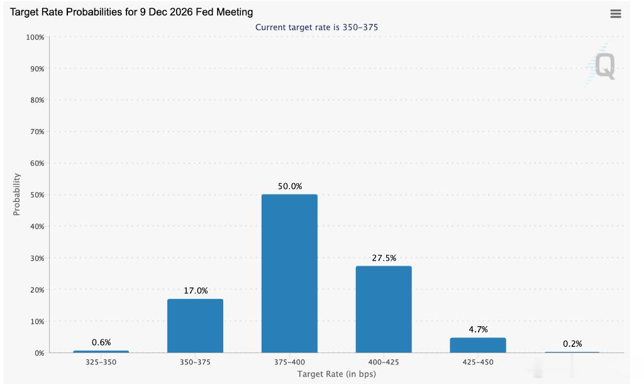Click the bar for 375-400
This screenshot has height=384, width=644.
[x=289, y=273]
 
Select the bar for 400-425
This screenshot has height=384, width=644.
[x=384, y=309]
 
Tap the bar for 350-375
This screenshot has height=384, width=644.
[x=195, y=325]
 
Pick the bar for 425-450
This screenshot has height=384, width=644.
[x=478, y=346]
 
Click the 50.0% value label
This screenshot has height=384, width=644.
[x=290, y=186]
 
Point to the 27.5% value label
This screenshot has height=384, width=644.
[x=384, y=258]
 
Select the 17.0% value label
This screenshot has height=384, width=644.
[x=196, y=291]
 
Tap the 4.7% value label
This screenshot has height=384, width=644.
[x=478, y=329]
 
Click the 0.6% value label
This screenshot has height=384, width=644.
[x=101, y=342]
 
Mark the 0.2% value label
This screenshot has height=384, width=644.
[x=572, y=344]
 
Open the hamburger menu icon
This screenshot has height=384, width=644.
[x=615, y=14]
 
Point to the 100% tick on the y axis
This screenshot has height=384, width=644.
[x=35, y=37]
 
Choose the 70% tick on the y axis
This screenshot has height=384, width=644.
[x=37, y=132]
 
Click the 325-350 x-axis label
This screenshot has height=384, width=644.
[x=101, y=362]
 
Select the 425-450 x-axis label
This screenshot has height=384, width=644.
[x=478, y=362]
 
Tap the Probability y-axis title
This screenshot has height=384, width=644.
[x=16, y=194]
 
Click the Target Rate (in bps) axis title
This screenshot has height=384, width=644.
[x=336, y=374]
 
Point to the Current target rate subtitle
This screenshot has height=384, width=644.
[x=317, y=27]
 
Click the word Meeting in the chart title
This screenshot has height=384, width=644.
[x=235, y=13]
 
